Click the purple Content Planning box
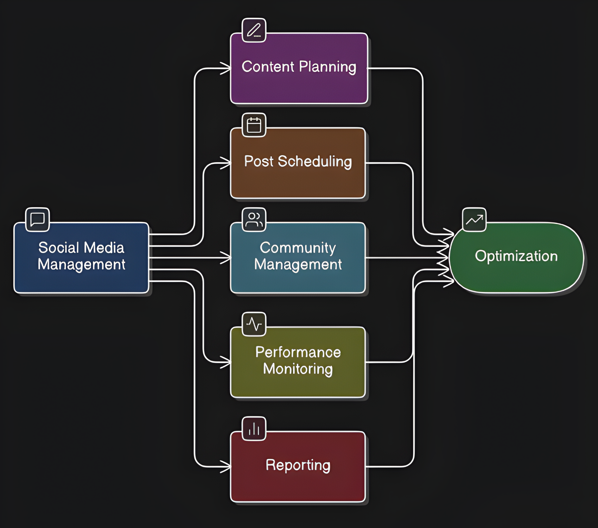tap(299, 84)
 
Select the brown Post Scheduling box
tap(298, 180)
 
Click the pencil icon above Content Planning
tap(254, 30)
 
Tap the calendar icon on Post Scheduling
tap(254, 125)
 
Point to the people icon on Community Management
tap(254, 220)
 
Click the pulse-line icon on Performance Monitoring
tap(254, 324)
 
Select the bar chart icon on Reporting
tap(254, 429)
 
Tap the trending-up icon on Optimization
tap(474, 220)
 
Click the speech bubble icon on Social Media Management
tap(37, 220)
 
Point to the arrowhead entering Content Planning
tap(226, 68)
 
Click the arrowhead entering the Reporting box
tap(226, 467)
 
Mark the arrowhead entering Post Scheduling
tap(226, 163)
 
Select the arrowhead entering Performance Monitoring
tap(226, 362)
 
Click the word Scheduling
tap(314, 162)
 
